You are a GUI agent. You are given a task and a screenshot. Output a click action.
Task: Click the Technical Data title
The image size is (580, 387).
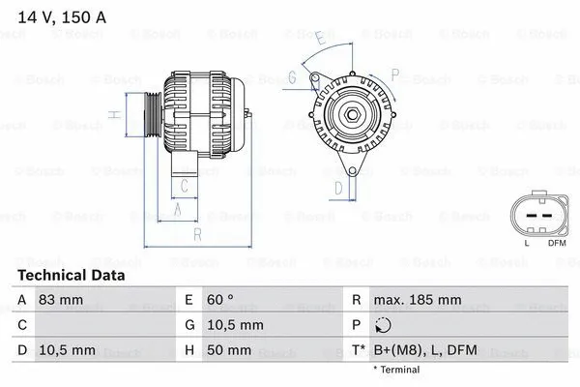coord(72,276)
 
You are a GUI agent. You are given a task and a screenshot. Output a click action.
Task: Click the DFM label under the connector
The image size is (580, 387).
coord(558,243)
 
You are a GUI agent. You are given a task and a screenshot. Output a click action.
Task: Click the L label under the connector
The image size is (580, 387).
coord(527,243)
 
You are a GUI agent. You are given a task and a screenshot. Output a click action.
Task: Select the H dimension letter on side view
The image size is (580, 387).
coord(114,114)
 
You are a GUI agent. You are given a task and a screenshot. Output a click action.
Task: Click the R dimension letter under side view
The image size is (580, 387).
coord(196,234)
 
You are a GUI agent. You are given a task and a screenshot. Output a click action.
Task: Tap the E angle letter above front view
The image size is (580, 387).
coord(319,38)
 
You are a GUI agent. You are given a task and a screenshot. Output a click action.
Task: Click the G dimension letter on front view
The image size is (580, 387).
coord(290,80)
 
